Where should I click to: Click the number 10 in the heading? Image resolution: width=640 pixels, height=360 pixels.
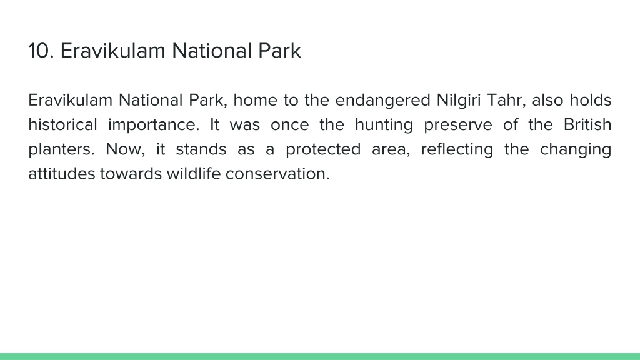[41, 51]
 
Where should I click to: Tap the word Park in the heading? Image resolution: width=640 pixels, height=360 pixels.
[279, 51]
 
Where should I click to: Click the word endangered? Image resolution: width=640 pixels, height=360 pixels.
[383, 101]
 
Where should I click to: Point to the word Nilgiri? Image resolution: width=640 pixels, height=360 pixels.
[459, 101]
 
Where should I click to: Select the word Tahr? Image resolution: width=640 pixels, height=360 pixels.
[506, 101]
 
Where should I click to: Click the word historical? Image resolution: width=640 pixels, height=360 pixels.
[63, 124]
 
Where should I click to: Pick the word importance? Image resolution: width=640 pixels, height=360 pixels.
[154, 125]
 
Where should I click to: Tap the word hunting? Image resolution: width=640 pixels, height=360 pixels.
[384, 125]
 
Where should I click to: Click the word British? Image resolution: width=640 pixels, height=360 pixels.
[587, 124]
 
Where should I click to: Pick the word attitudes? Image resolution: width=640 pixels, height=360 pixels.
[61, 174]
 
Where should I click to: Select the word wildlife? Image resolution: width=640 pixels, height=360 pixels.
[194, 174]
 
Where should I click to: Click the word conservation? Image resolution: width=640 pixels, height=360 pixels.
[277, 174]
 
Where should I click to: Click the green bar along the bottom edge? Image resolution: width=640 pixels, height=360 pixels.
[320, 356]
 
